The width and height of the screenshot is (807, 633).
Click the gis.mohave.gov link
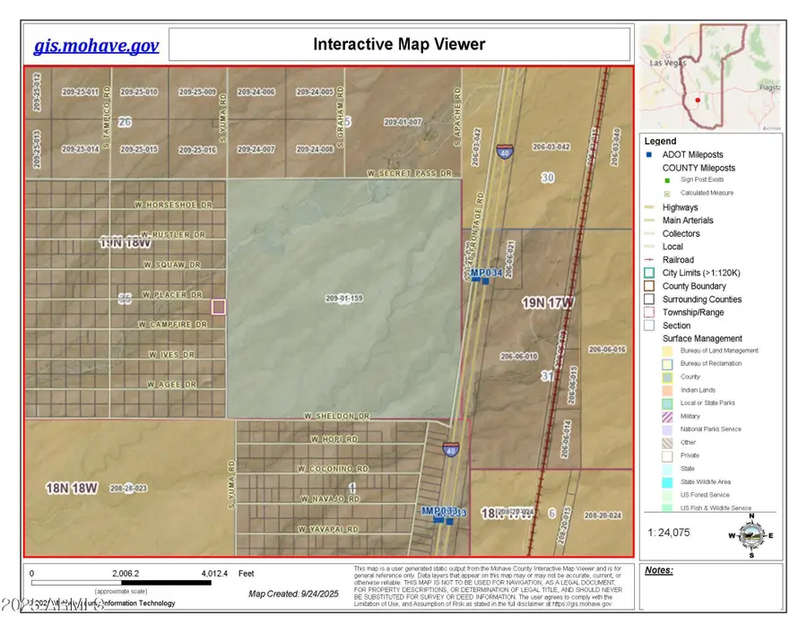96,46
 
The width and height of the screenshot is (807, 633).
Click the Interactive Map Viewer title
399,44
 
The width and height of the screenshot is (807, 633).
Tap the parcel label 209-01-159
343,298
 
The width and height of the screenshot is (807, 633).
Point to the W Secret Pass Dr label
412,172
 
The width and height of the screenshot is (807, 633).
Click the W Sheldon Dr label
336,416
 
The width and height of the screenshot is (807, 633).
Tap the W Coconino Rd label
334,469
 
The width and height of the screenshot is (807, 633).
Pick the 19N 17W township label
549,303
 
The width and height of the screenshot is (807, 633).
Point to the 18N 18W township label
71,488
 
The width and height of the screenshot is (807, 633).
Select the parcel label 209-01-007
403,122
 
